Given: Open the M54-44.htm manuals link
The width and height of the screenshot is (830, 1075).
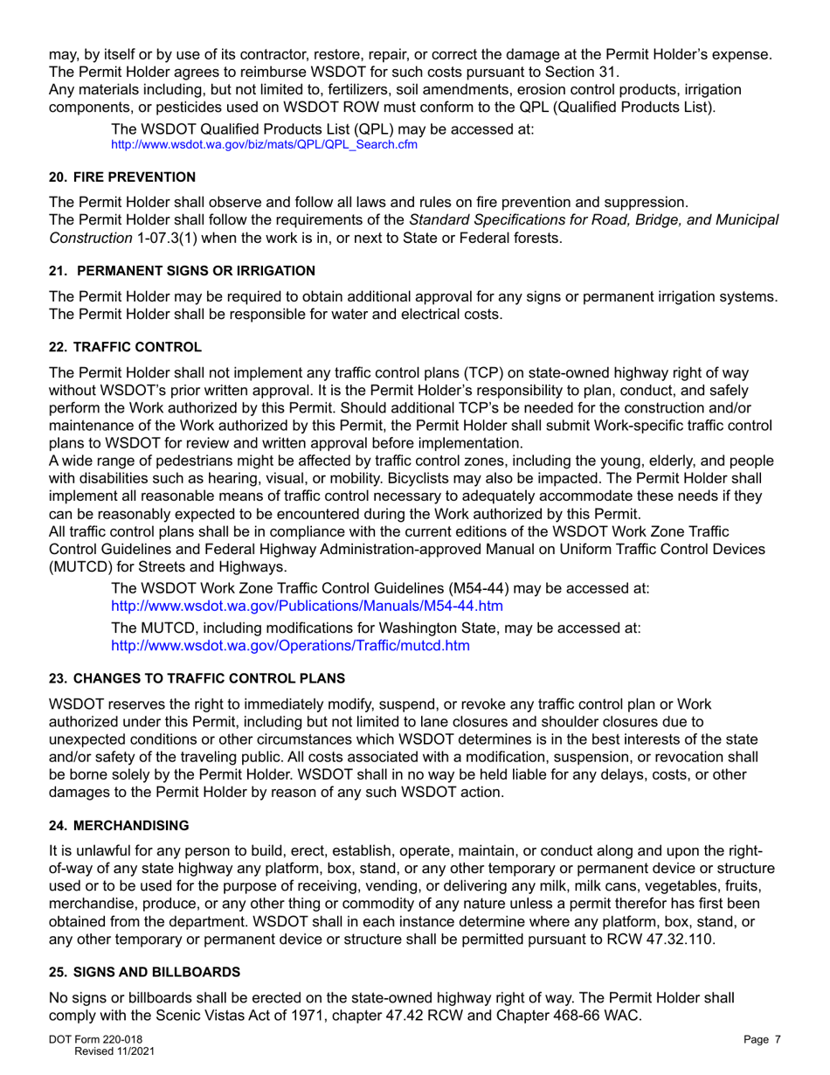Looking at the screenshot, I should (x=307, y=605).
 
